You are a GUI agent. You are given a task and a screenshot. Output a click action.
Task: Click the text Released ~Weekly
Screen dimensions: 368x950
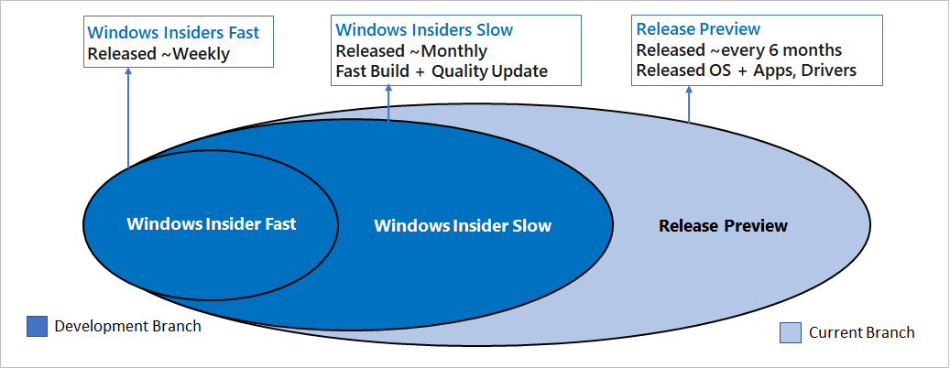pos(158,54)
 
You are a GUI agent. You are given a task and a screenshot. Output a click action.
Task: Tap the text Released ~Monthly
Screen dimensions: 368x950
pos(411,50)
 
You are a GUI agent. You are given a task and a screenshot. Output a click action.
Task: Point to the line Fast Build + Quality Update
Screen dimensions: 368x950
pos(442,71)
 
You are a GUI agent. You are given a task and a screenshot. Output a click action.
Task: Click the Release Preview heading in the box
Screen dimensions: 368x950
pos(698,29)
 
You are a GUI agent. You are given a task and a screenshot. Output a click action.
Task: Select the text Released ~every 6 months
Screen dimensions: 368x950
pos(738,49)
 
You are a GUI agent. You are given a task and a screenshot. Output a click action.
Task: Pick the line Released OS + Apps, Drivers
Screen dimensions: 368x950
pos(747,70)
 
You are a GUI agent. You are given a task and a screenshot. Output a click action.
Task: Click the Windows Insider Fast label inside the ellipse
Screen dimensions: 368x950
pos(212,223)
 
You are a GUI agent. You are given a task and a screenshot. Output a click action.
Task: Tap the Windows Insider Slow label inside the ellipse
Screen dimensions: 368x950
pos(463,225)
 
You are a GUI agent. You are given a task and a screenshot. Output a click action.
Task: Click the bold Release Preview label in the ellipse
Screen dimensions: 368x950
pos(723,225)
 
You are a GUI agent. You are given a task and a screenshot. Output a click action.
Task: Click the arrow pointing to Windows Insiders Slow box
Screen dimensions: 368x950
pos(389,105)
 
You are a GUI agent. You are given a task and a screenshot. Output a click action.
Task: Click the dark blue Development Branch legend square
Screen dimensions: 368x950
pos(37,326)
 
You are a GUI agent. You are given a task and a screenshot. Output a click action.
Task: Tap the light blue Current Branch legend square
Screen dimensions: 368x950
pos(791,332)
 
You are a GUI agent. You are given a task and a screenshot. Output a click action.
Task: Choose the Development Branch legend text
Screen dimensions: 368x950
pos(127,326)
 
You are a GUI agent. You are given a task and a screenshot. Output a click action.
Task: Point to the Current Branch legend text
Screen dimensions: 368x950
pos(861,332)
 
